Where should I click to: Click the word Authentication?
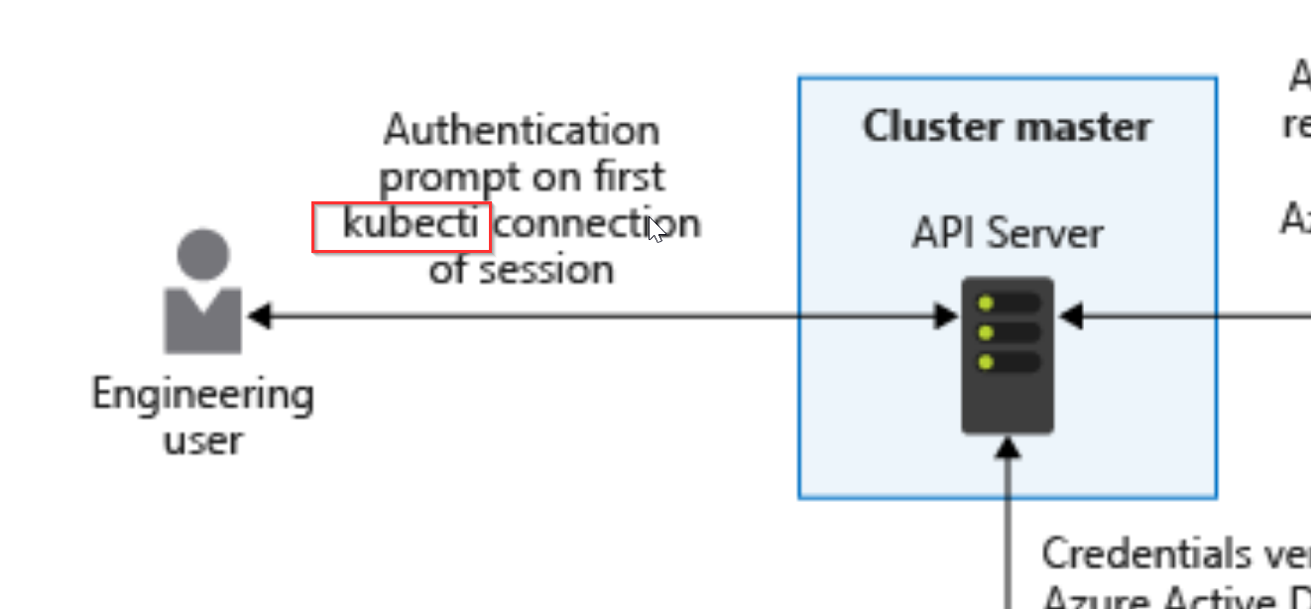click(x=522, y=130)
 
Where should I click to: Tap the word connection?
click(x=597, y=224)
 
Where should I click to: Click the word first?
click(x=627, y=178)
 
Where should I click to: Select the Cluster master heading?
click(x=1007, y=127)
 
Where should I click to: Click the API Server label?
click(x=1007, y=234)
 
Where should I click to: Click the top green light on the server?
click(x=985, y=304)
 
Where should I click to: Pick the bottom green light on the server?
click(x=985, y=362)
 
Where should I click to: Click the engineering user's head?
click(x=203, y=254)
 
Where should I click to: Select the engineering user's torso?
click(x=203, y=320)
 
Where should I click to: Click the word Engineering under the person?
click(x=203, y=395)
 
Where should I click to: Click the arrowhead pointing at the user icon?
click(x=259, y=317)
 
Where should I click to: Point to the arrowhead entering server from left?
click(x=948, y=317)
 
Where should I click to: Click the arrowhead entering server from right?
click(x=1070, y=317)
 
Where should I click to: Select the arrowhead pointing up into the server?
click(x=1008, y=448)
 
